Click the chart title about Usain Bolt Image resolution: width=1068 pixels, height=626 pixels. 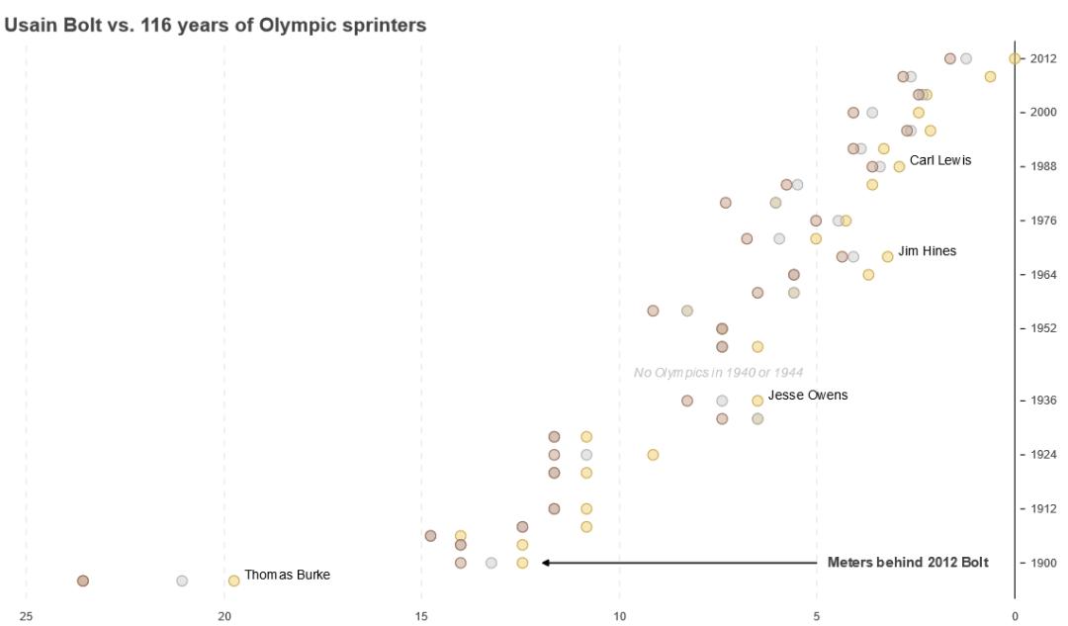click(x=216, y=26)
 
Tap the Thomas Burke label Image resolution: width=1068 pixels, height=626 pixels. click(x=287, y=575)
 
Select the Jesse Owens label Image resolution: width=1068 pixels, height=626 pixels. click(x=807, y=396)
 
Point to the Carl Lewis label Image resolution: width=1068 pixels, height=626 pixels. click(x=940, y=160)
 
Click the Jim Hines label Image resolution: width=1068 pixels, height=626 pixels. click(x=927, y=251)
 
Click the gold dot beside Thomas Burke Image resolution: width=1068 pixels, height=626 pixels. click(x=233, y=581)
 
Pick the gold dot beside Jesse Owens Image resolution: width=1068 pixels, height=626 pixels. click(x=757, y=401)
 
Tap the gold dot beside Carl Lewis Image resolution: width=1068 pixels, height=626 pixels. click(x=899, y=166)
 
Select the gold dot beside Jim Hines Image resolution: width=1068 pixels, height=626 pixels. click(x=887, y=256)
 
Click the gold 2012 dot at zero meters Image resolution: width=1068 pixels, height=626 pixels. click(x=1015, y=58)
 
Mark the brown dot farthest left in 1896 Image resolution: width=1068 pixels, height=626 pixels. click(x=83, y=581)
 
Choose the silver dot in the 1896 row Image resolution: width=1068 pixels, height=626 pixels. click(x=182, y=581)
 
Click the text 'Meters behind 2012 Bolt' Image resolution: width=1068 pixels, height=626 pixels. click(x=908, y=563)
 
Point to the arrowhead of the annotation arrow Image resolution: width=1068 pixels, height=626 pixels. click(x=545, y=563)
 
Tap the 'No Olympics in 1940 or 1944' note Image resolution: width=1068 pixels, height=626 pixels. click(x=718, y=373)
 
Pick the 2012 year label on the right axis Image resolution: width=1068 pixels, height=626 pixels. click(x=1043, y=58)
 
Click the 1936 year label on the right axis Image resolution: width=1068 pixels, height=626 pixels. click(x=1043, y=401)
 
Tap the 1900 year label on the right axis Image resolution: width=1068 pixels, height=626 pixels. click(x=1043, y=563)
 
